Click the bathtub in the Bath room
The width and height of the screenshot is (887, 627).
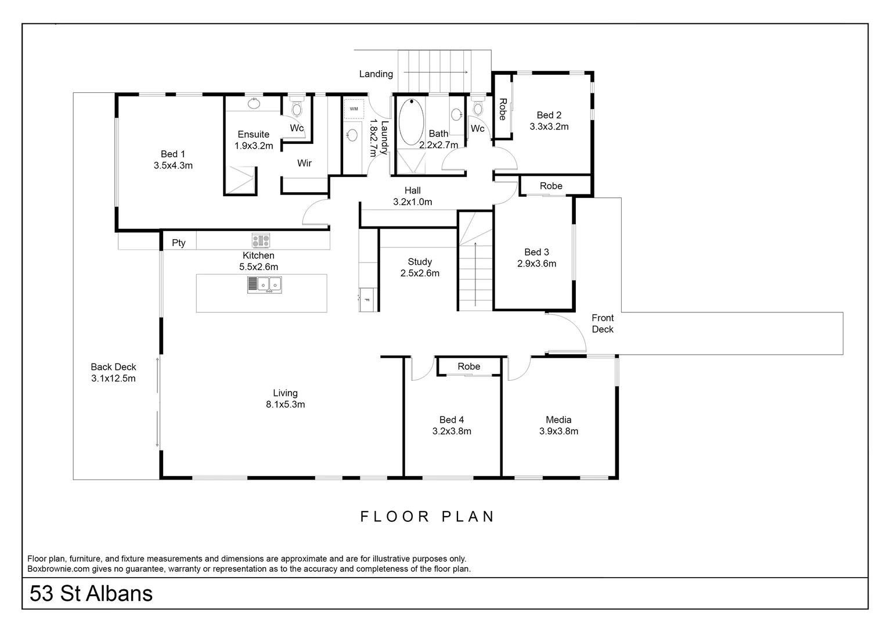(411, 122)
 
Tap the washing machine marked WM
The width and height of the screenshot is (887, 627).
(354, 109)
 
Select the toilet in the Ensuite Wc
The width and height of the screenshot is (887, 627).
(297, 109)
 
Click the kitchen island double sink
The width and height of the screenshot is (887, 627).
(265, 284)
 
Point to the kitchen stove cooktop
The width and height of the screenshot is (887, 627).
(261, 240)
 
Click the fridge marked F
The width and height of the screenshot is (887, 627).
(367, 300)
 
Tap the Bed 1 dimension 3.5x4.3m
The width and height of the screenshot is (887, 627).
(173, 165)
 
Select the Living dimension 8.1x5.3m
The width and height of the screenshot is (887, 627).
(285, 405)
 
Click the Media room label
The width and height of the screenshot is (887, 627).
(558, 420)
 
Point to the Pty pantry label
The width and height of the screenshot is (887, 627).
(178, 243)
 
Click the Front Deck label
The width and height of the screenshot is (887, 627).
(603, 323)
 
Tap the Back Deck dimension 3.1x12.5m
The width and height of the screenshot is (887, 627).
(113, 379)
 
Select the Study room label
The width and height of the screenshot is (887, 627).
(419, 262)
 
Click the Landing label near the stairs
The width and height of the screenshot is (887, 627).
(376, 74)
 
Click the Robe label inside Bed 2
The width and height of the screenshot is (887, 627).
(503, 109)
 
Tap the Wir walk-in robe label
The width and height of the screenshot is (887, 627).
(304, 163)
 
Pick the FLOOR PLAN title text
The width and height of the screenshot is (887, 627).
(427, 516)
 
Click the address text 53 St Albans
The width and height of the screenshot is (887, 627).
(91, 594)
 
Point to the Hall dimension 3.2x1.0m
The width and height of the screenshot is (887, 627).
(412, 202)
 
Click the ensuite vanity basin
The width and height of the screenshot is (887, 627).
(254, 104)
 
